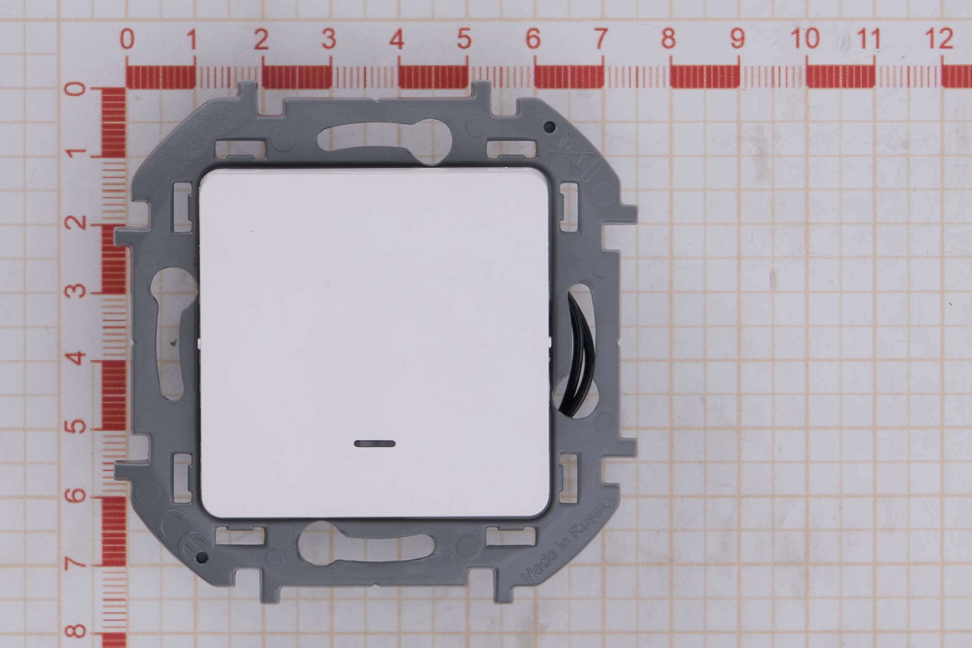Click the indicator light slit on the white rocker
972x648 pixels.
pyautogui.click(x=375, y=443)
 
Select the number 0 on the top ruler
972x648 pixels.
pyautogui.click(x=127, y=39)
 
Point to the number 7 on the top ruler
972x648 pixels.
pyautogui.click(x=600, y=38)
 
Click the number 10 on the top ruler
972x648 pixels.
pyautogui.click(x=805, y=38)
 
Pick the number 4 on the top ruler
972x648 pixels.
pyautogui.click(x=397, y=39)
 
